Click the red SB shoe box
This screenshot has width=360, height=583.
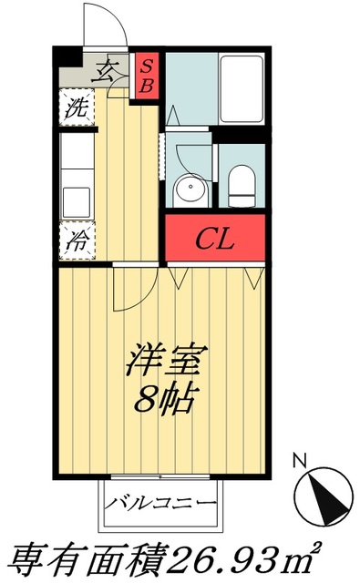(145, 75)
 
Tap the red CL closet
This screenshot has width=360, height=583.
(216, 239)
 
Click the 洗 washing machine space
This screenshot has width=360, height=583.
(77, 107)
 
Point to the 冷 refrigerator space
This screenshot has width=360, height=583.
(77, 241)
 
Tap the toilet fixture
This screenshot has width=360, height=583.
(242, 187)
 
